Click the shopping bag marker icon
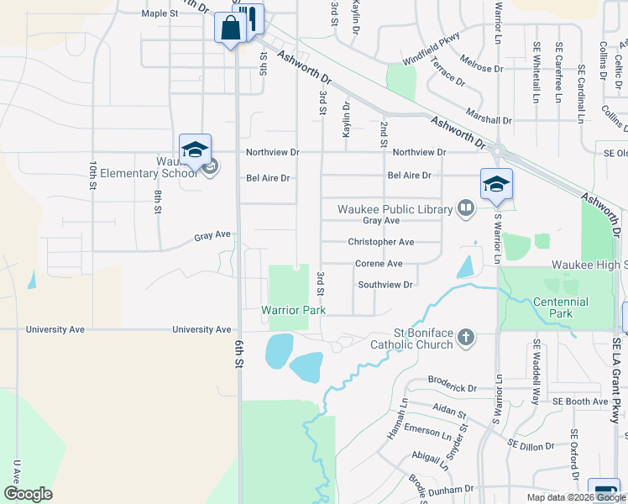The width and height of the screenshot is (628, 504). pyautogui.click(x=229, y=28)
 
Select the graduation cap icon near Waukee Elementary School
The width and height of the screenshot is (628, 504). pyautogui.click(x=195, y=150)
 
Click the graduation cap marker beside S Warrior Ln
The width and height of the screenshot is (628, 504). pyautogui.click(x=496, y=184)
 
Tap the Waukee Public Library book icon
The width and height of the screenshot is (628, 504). pyautogui.click(x=466, y=207)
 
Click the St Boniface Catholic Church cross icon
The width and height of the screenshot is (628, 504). pyautogui.click(x=466, y=339)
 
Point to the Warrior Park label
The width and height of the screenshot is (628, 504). pyautogui.click(x=292, y=310)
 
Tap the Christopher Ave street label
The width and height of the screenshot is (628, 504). pyautogui.click(x=381, y=242)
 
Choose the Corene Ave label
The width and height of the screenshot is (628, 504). pyautogui.click(x=379, y=263)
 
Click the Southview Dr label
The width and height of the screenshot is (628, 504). pyautogui.click(x=385, y=285)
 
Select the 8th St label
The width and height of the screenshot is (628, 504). pyautogui.click(x=157, y=202)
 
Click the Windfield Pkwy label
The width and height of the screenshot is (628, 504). pyautogui.click(x=432, y=51)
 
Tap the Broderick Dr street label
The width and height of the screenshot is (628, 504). pyautogui.click(x=452, y=388)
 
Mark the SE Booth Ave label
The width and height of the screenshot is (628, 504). pyautogui.click(x=579, y=402)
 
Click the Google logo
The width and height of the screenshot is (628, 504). pyautogui.click(x=28, y=494)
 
